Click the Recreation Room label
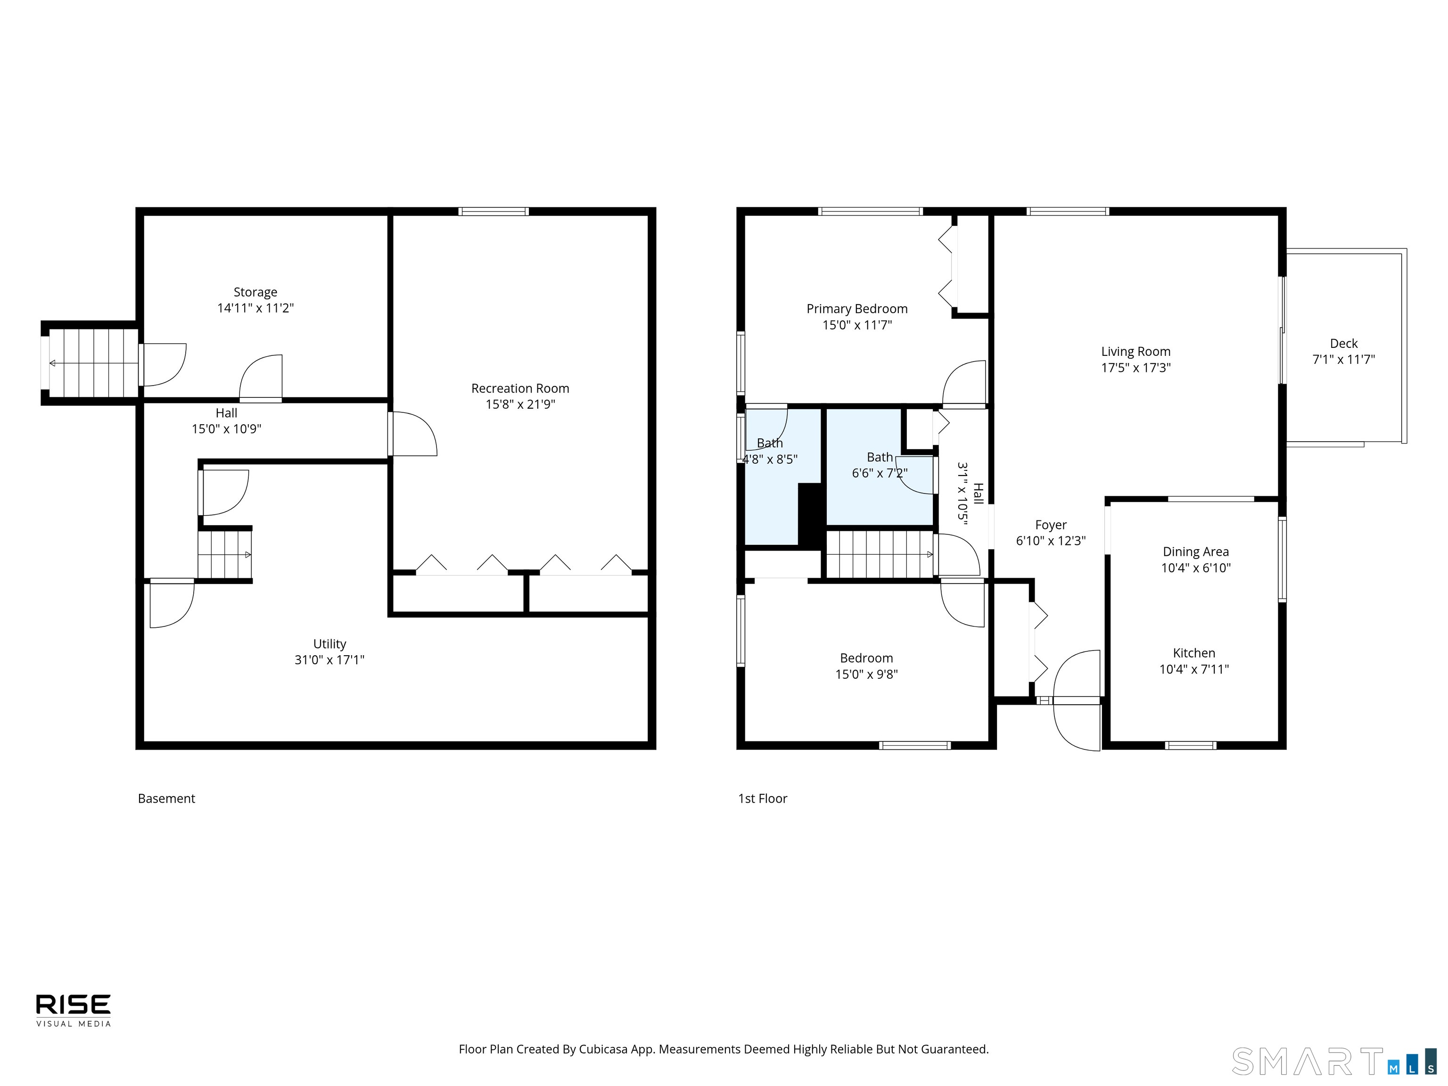click(520, 388)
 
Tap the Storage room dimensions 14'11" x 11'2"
click(255, 308)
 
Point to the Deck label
click(1343, 344)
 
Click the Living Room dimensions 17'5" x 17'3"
click(1136, 367)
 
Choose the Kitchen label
click(1194, 653)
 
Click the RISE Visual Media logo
click(74, 1010)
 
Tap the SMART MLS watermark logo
click(1333, 1061)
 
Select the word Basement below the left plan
click(166, 798)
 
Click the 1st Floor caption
click(763, 798)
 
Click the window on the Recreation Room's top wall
click(494, 212)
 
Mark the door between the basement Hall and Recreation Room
click(412, 433)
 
